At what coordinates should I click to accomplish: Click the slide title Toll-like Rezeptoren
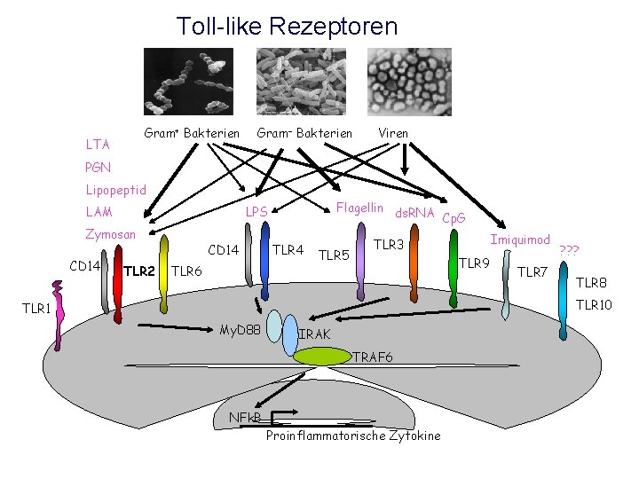(x=287, y=26)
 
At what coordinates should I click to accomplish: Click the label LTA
(x=97, y=144)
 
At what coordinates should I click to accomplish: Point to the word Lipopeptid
(x=115, y=190)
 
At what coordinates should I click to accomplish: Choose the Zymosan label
(x=110, y=235)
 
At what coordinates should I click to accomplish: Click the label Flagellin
(x=360, y=208)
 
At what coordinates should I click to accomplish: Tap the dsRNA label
(x=414, y=213)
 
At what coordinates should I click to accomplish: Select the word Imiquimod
(x=521, y=239)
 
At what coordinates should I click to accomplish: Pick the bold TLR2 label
(x=139, y=271)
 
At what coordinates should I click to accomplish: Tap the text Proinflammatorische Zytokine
(x=352, y=436)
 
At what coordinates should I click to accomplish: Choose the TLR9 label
(x=476, y=263)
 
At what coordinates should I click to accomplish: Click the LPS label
(x=256, y=213)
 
